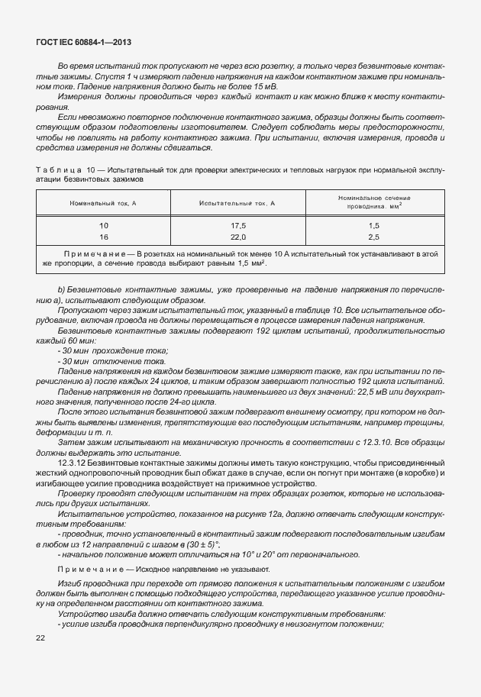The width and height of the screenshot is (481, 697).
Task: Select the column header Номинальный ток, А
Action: (103, 204)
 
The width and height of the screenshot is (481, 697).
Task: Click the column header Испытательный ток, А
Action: (237, 204)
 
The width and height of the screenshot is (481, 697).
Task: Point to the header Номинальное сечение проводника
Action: (374, 202)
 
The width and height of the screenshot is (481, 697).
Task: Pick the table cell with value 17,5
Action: (237, 226)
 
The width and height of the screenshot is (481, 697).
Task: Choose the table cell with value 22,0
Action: (237, 237)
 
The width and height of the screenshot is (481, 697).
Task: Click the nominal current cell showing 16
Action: (104, 237)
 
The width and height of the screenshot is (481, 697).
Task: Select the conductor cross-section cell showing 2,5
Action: (374, 237)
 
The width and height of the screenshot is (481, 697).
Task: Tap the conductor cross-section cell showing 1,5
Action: (374, 226)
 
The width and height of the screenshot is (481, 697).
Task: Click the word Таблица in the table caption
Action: (57, 167)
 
